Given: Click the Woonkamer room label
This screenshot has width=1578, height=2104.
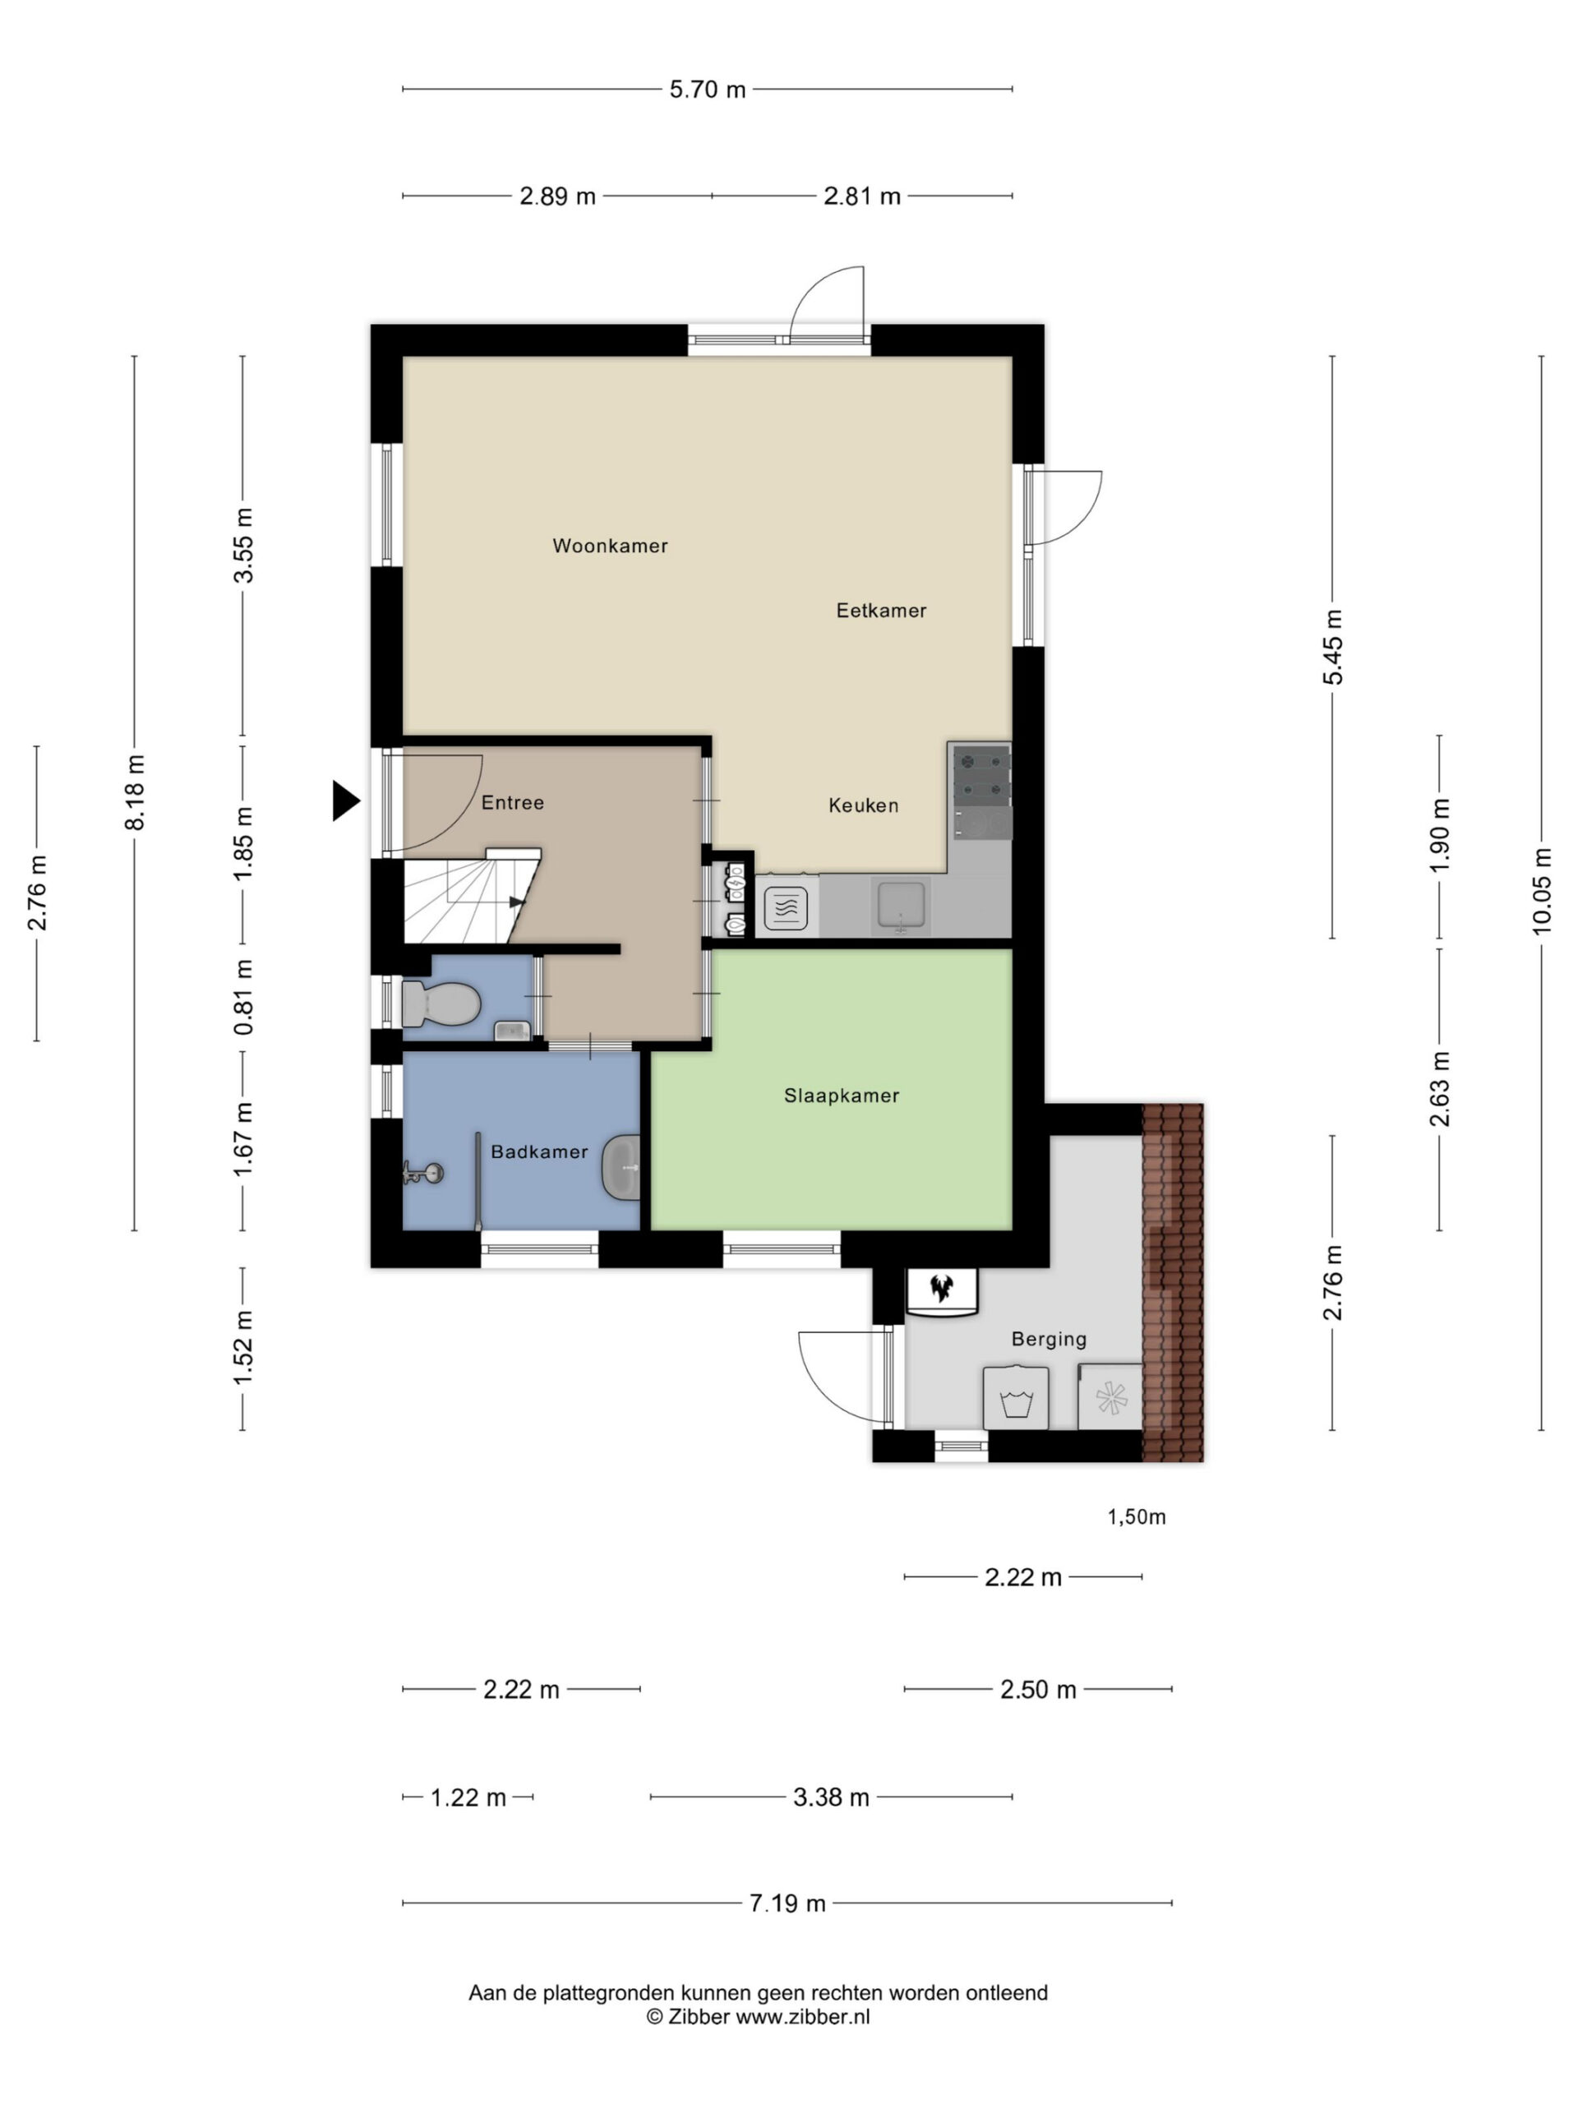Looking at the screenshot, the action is pyautogui.click(x=610, y=546).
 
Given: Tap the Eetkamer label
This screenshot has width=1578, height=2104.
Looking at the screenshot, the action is pyautogui.click(x=881, y=611).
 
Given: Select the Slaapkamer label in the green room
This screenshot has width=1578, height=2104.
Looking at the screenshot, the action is pyautogui.click(x=841, y=1096).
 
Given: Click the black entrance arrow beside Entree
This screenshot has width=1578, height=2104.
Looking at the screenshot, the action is pyautogui.click(x=345, y=800).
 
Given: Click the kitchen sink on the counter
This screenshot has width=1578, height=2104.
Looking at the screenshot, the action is pyautogui.click(x=900, y=905).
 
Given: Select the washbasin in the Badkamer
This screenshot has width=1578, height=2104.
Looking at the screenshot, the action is pyautogui.click(x=621, y=1167).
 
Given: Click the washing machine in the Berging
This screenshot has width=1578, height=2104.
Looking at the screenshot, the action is pyautogui.click(x=1016, y=1397).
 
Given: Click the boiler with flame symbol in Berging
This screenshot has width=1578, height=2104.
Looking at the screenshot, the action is pyautogui.click(x=942, y=1292).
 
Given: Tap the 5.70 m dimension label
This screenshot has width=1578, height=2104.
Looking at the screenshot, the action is pyautogui.click(x=707, y=90).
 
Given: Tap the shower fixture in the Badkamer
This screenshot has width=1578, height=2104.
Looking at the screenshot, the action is pyautogui.click(x=422, y=1173).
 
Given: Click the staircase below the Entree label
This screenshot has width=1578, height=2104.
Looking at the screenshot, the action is pyautogui.click(x=472, y=895).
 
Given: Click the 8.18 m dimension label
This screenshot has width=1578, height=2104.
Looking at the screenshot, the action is pyautogui.click(x=134, y=792).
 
